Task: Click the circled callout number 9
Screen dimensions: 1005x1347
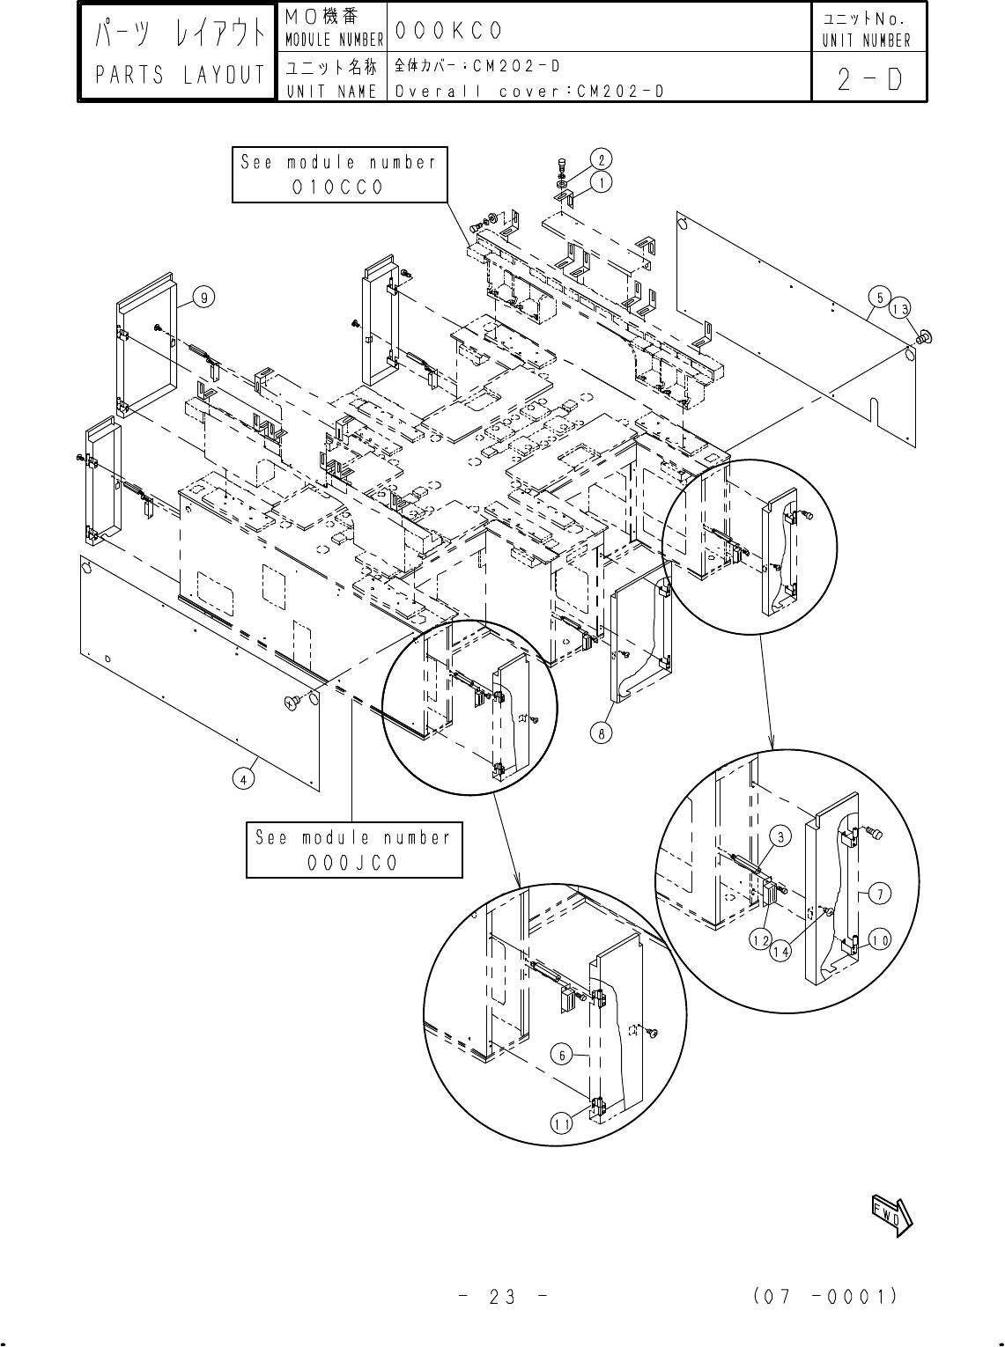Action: (x=203, y=298)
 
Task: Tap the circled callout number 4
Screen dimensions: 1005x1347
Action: (x=244, y=779)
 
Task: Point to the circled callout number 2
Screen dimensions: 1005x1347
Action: (x=601, y=160)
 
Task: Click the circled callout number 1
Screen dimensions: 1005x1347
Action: (x=601, y=182)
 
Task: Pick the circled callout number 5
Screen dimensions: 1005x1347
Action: (x=880, y=298)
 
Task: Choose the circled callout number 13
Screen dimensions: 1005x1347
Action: (x=900, y=309)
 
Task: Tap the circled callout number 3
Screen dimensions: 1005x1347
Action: (x=781, y=836)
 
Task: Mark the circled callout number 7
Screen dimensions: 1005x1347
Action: (x=881, y=894)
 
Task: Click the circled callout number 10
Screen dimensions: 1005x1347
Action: (x=881, y=940)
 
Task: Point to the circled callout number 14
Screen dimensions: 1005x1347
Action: (x=780, y=952)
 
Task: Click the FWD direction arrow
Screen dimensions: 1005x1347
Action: (x=892, y=1216)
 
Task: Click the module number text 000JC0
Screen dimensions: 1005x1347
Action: (x=353, y=863)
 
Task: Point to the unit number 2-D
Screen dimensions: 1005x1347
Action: (x=870, y=79)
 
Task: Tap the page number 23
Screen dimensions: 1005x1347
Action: (x=502, y=1297)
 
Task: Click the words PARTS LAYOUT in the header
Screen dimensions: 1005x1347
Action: (x=180, y=75)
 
